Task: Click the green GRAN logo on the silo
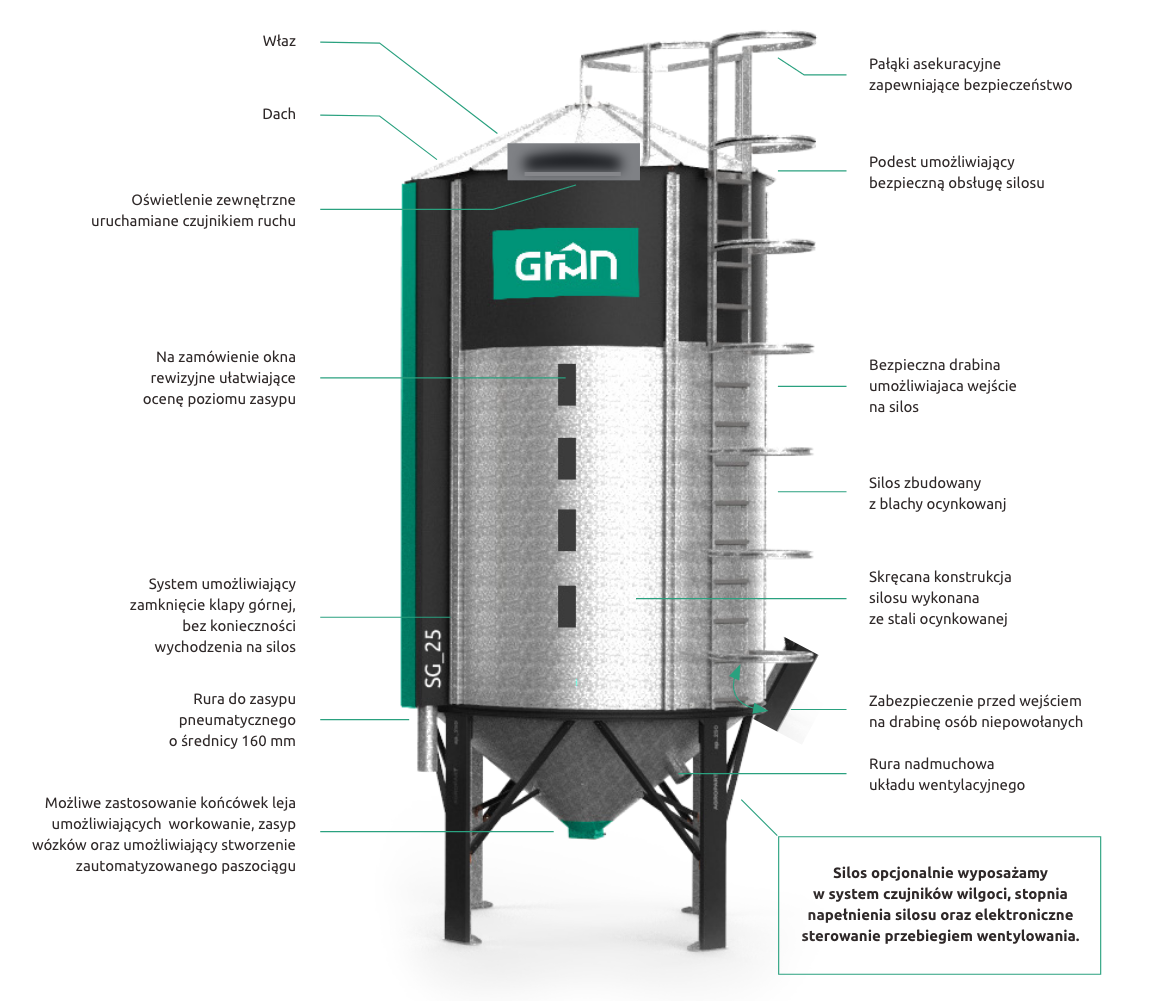pyautogui.click(x=566, y=264)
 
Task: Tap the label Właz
pyautogui.click(x=279, y=42)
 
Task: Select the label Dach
pyautogui.click(x=279, y=114)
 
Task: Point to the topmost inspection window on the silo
pyautogui.click(x=567, y=385)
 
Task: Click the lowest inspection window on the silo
pyautogui.click(x=567, y=606)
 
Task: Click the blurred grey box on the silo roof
pyautogui.click(x=573, y=161)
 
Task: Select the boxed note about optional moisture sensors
pyautogui.click(x=939, y=905)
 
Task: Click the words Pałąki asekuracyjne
pyautogui.click(x=935, y=65)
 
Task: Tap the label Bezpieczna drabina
pyautogui.click(x=934, y=365)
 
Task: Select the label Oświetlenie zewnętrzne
pyautogui.click(x=214, y=200)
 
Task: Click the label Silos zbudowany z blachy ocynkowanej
pyautogui.click(x=936, y=494)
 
